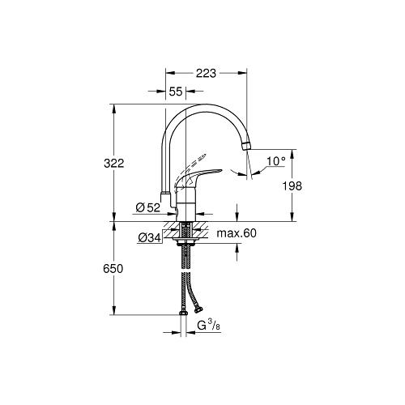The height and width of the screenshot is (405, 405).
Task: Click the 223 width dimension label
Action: [206, 73]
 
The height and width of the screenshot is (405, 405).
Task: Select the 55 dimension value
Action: [176, 92]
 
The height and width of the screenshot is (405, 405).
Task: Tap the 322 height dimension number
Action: [114, 164]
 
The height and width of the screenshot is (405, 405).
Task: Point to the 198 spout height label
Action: [292, 186]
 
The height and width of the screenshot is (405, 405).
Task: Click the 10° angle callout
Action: [276, 161]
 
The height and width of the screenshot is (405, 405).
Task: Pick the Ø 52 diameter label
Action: [148, 207]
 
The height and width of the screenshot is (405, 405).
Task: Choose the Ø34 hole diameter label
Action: [150, 237]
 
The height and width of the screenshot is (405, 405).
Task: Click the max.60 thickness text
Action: [237, 233]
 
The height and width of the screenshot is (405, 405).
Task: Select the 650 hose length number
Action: [113, 269]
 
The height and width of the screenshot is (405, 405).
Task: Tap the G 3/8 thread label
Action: [209, 326]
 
